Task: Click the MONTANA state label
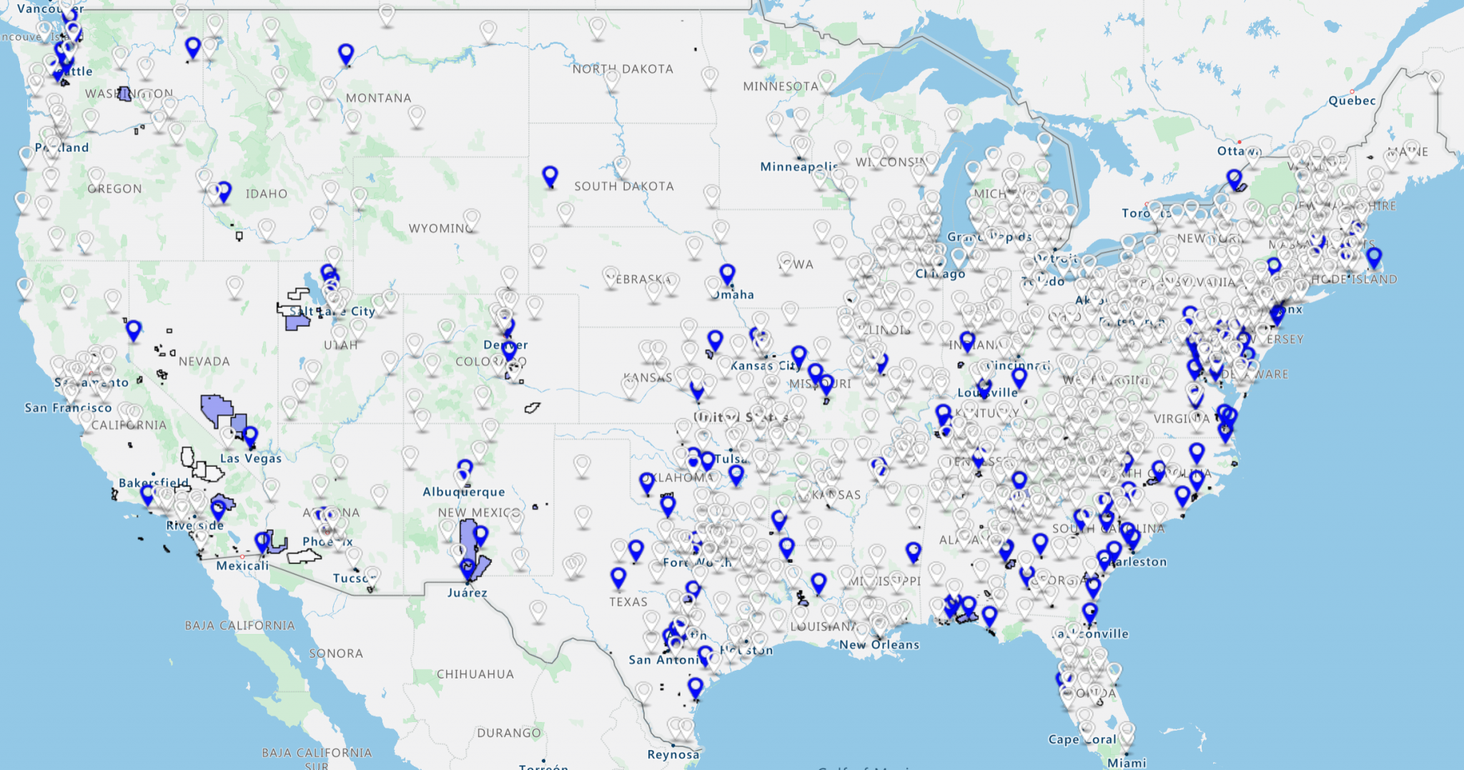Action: tap(378, 98)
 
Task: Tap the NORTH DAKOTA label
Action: tap(622, 69)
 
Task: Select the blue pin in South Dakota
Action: tap(550, 175)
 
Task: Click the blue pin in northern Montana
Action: tap(346, 53)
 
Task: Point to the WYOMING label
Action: tap(440, 228)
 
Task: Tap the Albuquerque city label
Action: tap(463, 492)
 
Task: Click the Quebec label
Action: tap(1351, 101)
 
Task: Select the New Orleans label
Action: tap(879, 645)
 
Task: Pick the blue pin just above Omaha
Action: tap(727, 273)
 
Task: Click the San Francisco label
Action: tap(68, 408)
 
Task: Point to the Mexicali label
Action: tap(242, 566)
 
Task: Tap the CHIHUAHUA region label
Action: tap(475, 674)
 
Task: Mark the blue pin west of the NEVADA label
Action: tap(134, 330)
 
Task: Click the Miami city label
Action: tap(1127, 763)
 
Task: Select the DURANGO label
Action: tap(508, 733)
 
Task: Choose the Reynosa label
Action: tap(673, 754)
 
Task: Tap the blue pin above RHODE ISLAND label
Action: tap(1373, 257)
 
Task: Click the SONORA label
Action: tap(335, 653)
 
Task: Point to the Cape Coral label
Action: tap(1082, 739)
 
